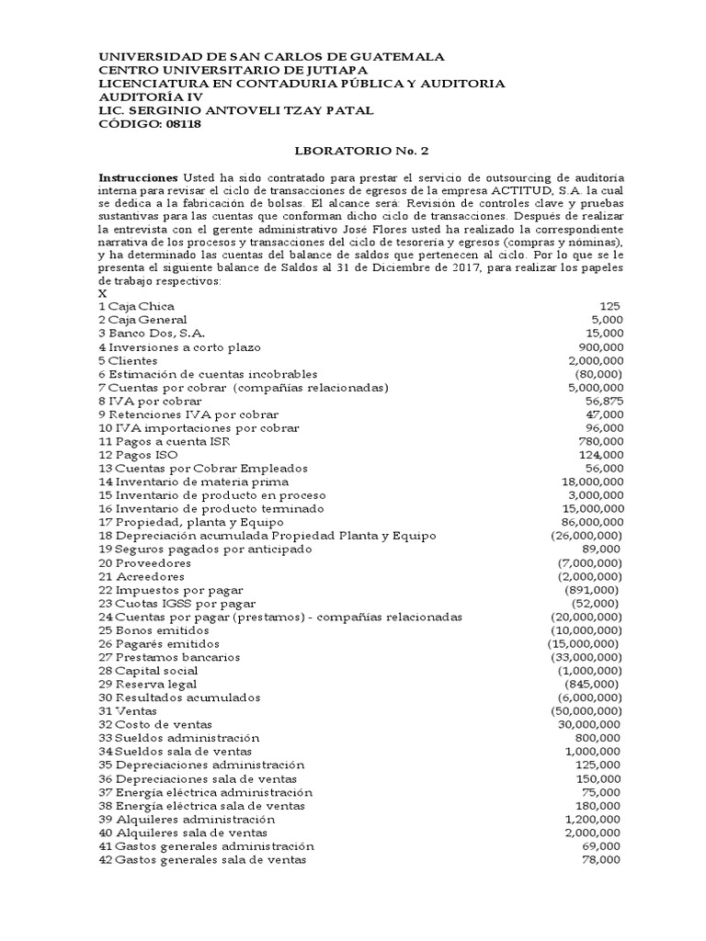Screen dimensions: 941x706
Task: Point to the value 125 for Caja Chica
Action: [x=609, y=305]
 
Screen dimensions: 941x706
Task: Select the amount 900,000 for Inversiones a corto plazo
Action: [x=598, y=346]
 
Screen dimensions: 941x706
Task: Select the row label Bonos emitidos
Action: [x=153, y=630]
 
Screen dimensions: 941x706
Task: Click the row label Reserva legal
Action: [x=151, y=685]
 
